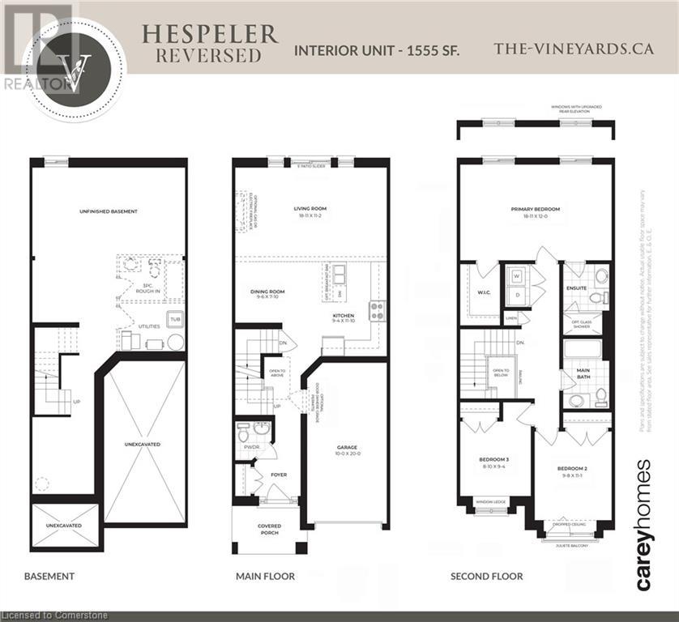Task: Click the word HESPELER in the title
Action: (209, 34)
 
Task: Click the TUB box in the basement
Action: (173, 318)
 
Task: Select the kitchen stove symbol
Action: (377, 307)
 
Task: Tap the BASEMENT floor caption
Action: (49, 577)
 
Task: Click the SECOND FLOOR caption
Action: (486, 577)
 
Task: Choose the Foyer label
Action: (279, 475)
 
